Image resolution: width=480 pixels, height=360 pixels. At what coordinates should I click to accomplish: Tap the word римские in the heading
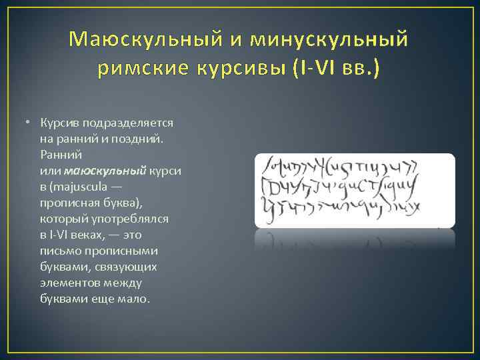(x=139, y=68)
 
